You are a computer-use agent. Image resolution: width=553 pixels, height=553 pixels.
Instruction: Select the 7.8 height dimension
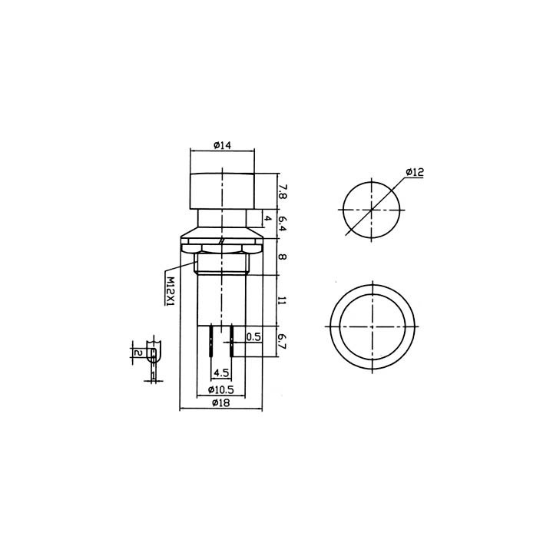tap(283, 191)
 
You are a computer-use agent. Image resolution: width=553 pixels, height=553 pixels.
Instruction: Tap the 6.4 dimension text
tap(283, 224)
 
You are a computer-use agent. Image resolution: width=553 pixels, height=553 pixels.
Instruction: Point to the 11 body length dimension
tap(283, 300)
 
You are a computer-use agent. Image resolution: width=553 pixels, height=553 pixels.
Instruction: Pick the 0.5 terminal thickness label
tap(253, 336)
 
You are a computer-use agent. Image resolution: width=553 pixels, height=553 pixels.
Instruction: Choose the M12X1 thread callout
tap(170, 292)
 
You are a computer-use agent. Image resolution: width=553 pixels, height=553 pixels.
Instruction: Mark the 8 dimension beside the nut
tap(283, 257)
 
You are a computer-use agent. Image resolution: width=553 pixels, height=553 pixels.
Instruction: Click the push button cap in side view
tap(222, 191)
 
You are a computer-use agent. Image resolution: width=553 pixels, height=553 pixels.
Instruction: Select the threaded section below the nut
tap(222, 265)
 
